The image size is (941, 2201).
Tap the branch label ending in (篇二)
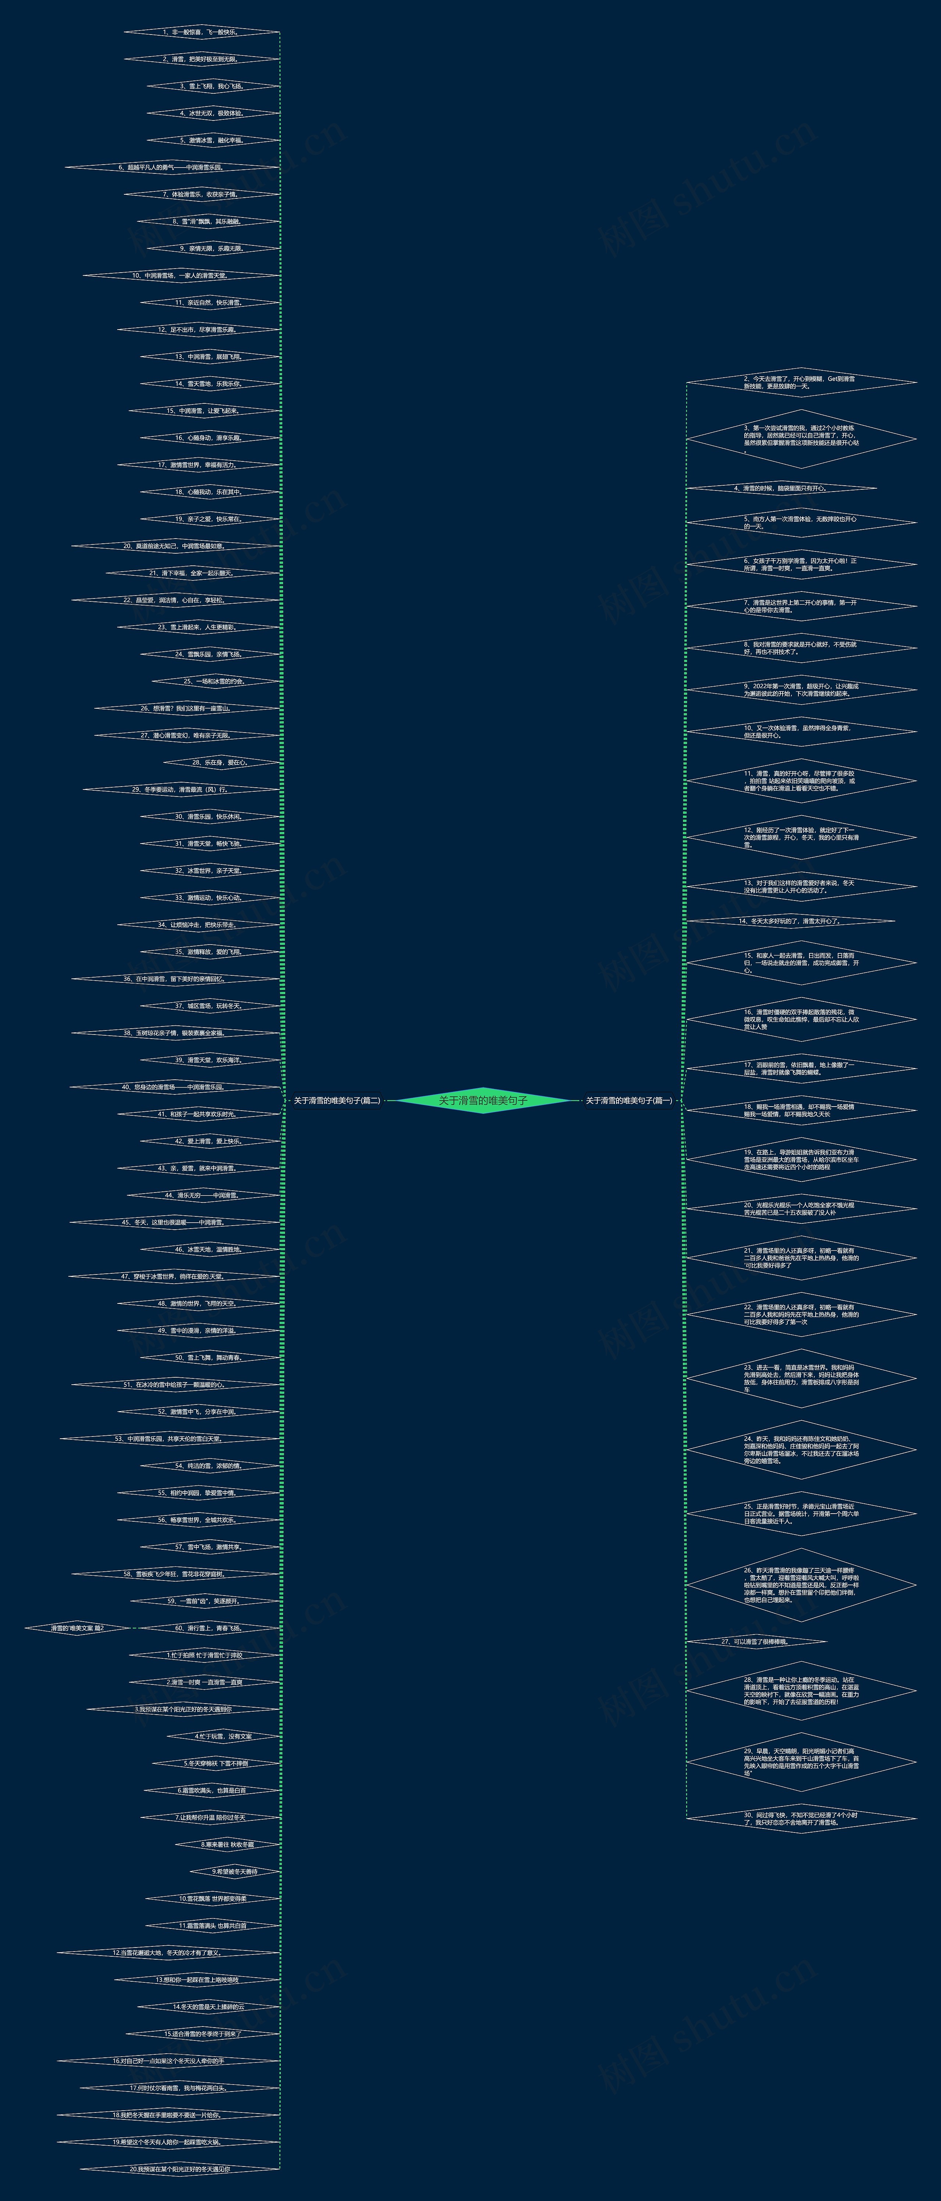[x=337, y=1101]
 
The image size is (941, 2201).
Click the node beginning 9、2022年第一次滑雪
[x=801, y=690]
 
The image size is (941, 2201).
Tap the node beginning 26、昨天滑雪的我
[x=801, y=1585]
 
